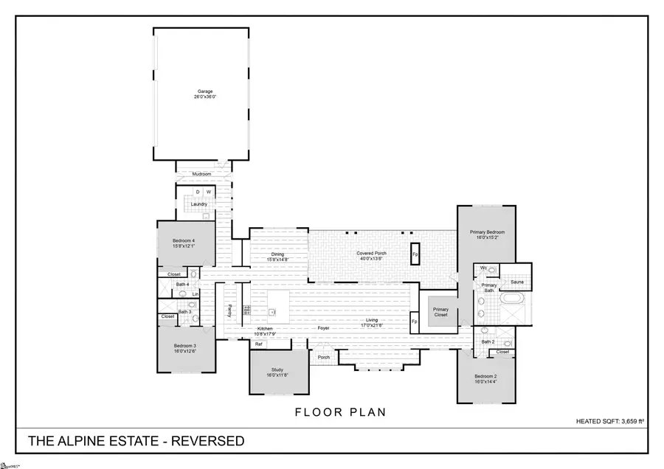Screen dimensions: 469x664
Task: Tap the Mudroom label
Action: [x=202, y=174]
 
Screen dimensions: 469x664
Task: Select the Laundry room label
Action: [x=198, y=204]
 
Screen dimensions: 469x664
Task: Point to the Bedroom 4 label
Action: [x=184, y=240]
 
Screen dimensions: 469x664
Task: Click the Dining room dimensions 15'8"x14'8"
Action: [x=277, y=259]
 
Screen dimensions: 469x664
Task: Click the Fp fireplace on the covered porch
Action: [x=415, y=254]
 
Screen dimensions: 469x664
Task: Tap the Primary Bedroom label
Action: [x=485, y=232]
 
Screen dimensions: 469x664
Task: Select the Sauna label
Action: [x=516, y=282]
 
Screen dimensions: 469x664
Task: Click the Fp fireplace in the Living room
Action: [x=414, y=322]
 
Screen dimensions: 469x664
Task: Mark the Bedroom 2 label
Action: [x=485, y=377]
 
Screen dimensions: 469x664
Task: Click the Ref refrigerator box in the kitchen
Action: [x=259, y=344]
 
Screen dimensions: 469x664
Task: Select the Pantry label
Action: [x=229, y=309]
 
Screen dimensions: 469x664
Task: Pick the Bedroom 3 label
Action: [x=184, y=346]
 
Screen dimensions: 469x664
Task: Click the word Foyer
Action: [x=323, y=328]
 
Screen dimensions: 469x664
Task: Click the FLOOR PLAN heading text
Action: [x=340, y=412]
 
